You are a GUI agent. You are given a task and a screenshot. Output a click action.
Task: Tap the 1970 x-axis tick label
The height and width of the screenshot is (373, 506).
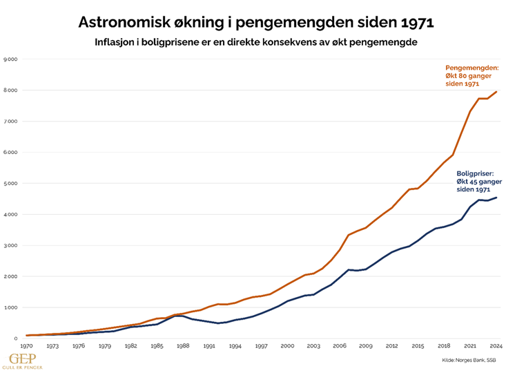(x=27, y=345)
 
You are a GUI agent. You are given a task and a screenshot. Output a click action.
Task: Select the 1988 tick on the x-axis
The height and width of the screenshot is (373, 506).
(x=183, y=345)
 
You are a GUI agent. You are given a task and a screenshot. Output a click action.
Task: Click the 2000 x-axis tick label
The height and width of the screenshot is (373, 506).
(x=287, y=345)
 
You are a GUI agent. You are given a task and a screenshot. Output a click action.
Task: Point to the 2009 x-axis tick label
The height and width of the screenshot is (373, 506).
(x=365, y=345)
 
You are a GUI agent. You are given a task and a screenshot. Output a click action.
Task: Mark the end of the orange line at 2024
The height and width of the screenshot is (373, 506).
(x=496, y=92)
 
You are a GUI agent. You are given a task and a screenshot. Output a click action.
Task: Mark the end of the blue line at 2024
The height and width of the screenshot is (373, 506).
(x=496, y=198)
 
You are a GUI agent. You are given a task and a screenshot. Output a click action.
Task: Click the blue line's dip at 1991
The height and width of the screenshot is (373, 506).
(x=217, y=323)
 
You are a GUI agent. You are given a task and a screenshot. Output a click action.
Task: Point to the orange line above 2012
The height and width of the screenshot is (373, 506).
(x=391, y=208)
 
